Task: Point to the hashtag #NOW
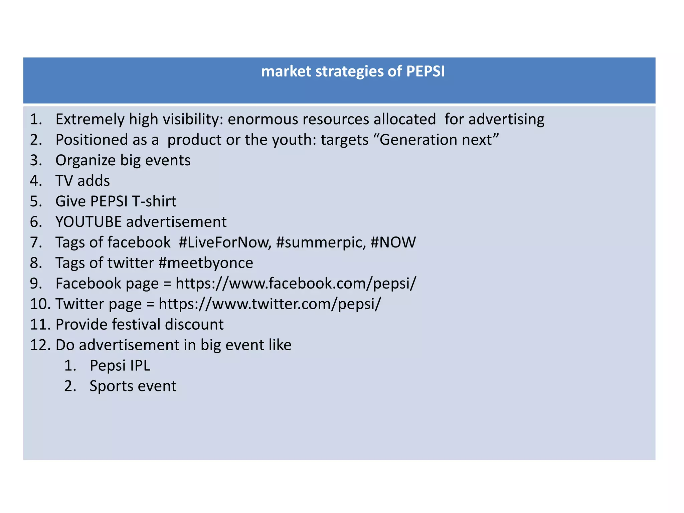tap(393, 242)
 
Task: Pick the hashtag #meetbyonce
tap(206, 263)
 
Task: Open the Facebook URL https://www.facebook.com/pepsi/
tap(296, 284)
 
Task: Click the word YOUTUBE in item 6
tap(89, 222)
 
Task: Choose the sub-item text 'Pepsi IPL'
tap(120, 366)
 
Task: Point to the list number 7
tap(36, 242)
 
